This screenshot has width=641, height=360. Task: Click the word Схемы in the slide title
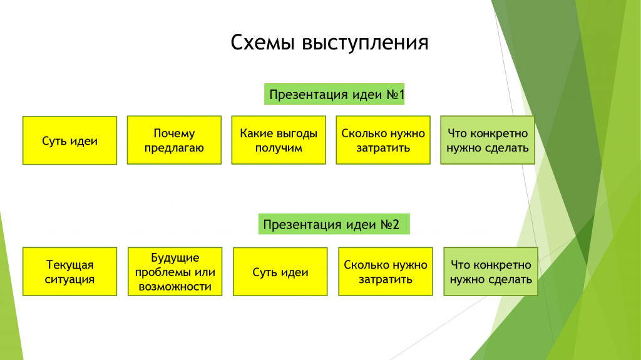tap(262, 42)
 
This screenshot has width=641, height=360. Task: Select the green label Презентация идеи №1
tap(334, 94)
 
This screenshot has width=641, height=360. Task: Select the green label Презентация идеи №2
tap(334, 224)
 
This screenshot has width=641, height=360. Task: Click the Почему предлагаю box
tap(174, 140)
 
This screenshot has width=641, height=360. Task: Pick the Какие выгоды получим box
tap(279, 140)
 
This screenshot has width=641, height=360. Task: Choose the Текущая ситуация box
tap(70, 272)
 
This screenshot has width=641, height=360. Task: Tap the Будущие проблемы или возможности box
tap(175, 272)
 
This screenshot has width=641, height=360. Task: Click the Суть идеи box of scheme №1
tap(70, 141)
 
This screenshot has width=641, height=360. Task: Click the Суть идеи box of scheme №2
tap(280, 272)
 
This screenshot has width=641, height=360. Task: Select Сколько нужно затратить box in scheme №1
tap(383, 140)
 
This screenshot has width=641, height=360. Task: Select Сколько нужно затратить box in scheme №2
tap(386, 272)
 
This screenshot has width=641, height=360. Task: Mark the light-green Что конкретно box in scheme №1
tap(488, 140)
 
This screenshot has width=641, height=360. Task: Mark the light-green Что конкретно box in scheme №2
tap(491, 272)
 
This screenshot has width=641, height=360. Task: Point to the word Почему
tap(174, 134)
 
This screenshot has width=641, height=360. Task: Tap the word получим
tap(279, 148)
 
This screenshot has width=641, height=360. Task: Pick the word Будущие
tap(175, 258)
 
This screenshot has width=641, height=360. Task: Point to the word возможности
tap(175, 287)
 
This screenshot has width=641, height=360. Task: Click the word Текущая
tap(70, 265)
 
